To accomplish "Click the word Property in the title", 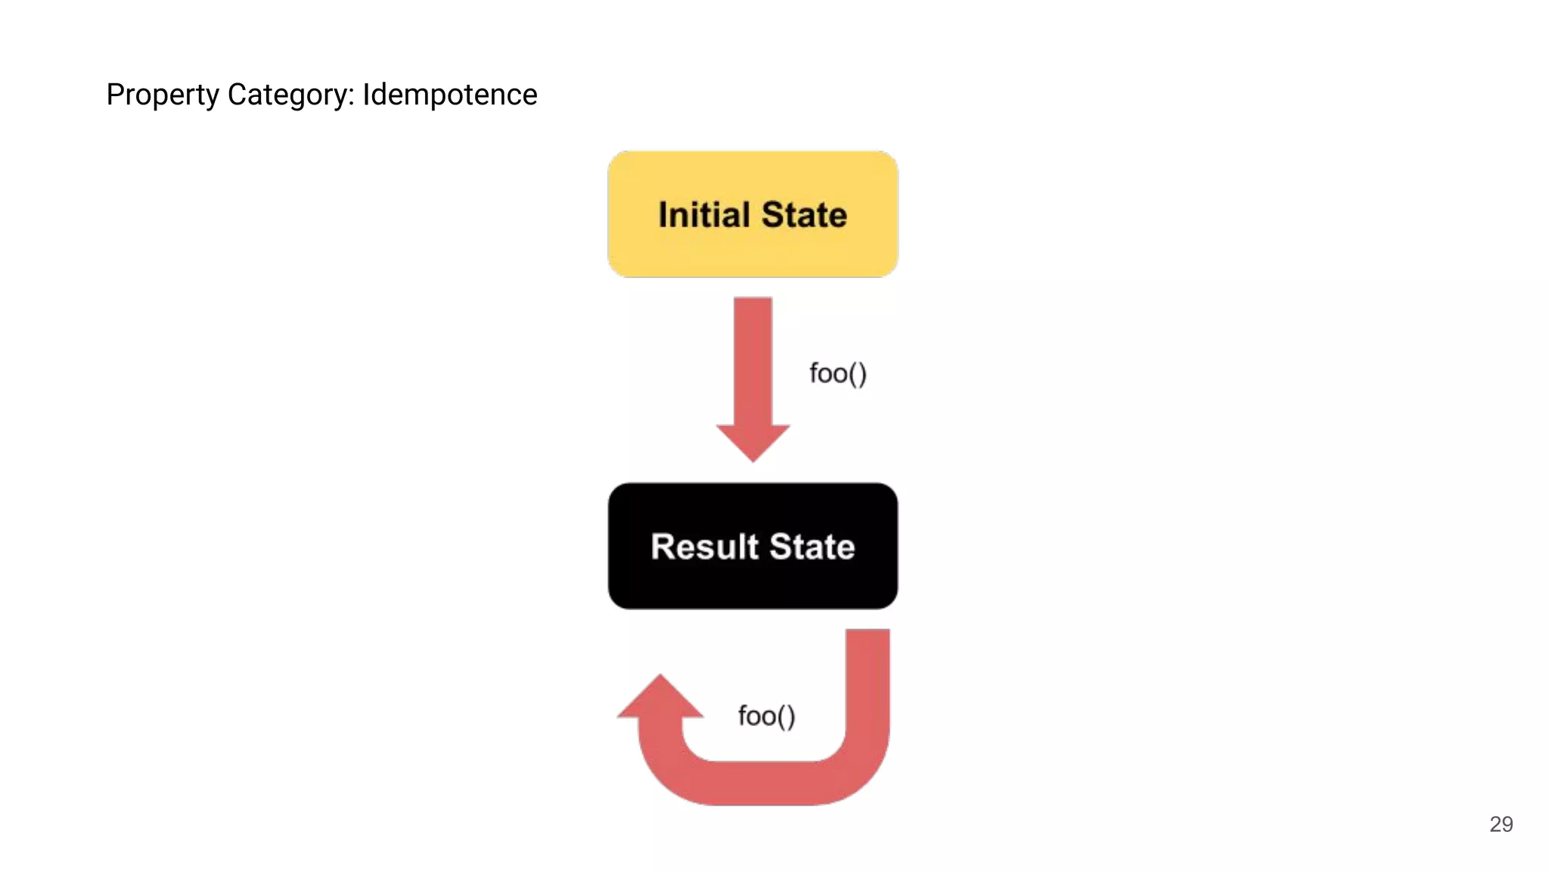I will click(162, 95).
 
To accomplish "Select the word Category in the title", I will click(289, 95).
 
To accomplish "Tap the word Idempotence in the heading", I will click(449, 95).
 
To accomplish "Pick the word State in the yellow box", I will click(804, 215).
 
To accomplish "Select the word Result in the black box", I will click(704, 547).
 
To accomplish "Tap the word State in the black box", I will click(812, 547).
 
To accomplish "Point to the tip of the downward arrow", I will click(753, 459).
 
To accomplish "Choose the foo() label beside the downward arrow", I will click(837, 373).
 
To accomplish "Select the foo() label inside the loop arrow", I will click(766, 715).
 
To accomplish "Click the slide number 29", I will click(1501, 824).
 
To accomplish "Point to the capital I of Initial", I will click(663, 215).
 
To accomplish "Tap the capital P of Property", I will click(114, 95).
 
